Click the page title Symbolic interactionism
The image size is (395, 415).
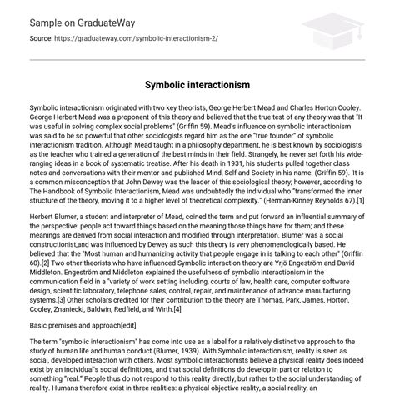[197, 85]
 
